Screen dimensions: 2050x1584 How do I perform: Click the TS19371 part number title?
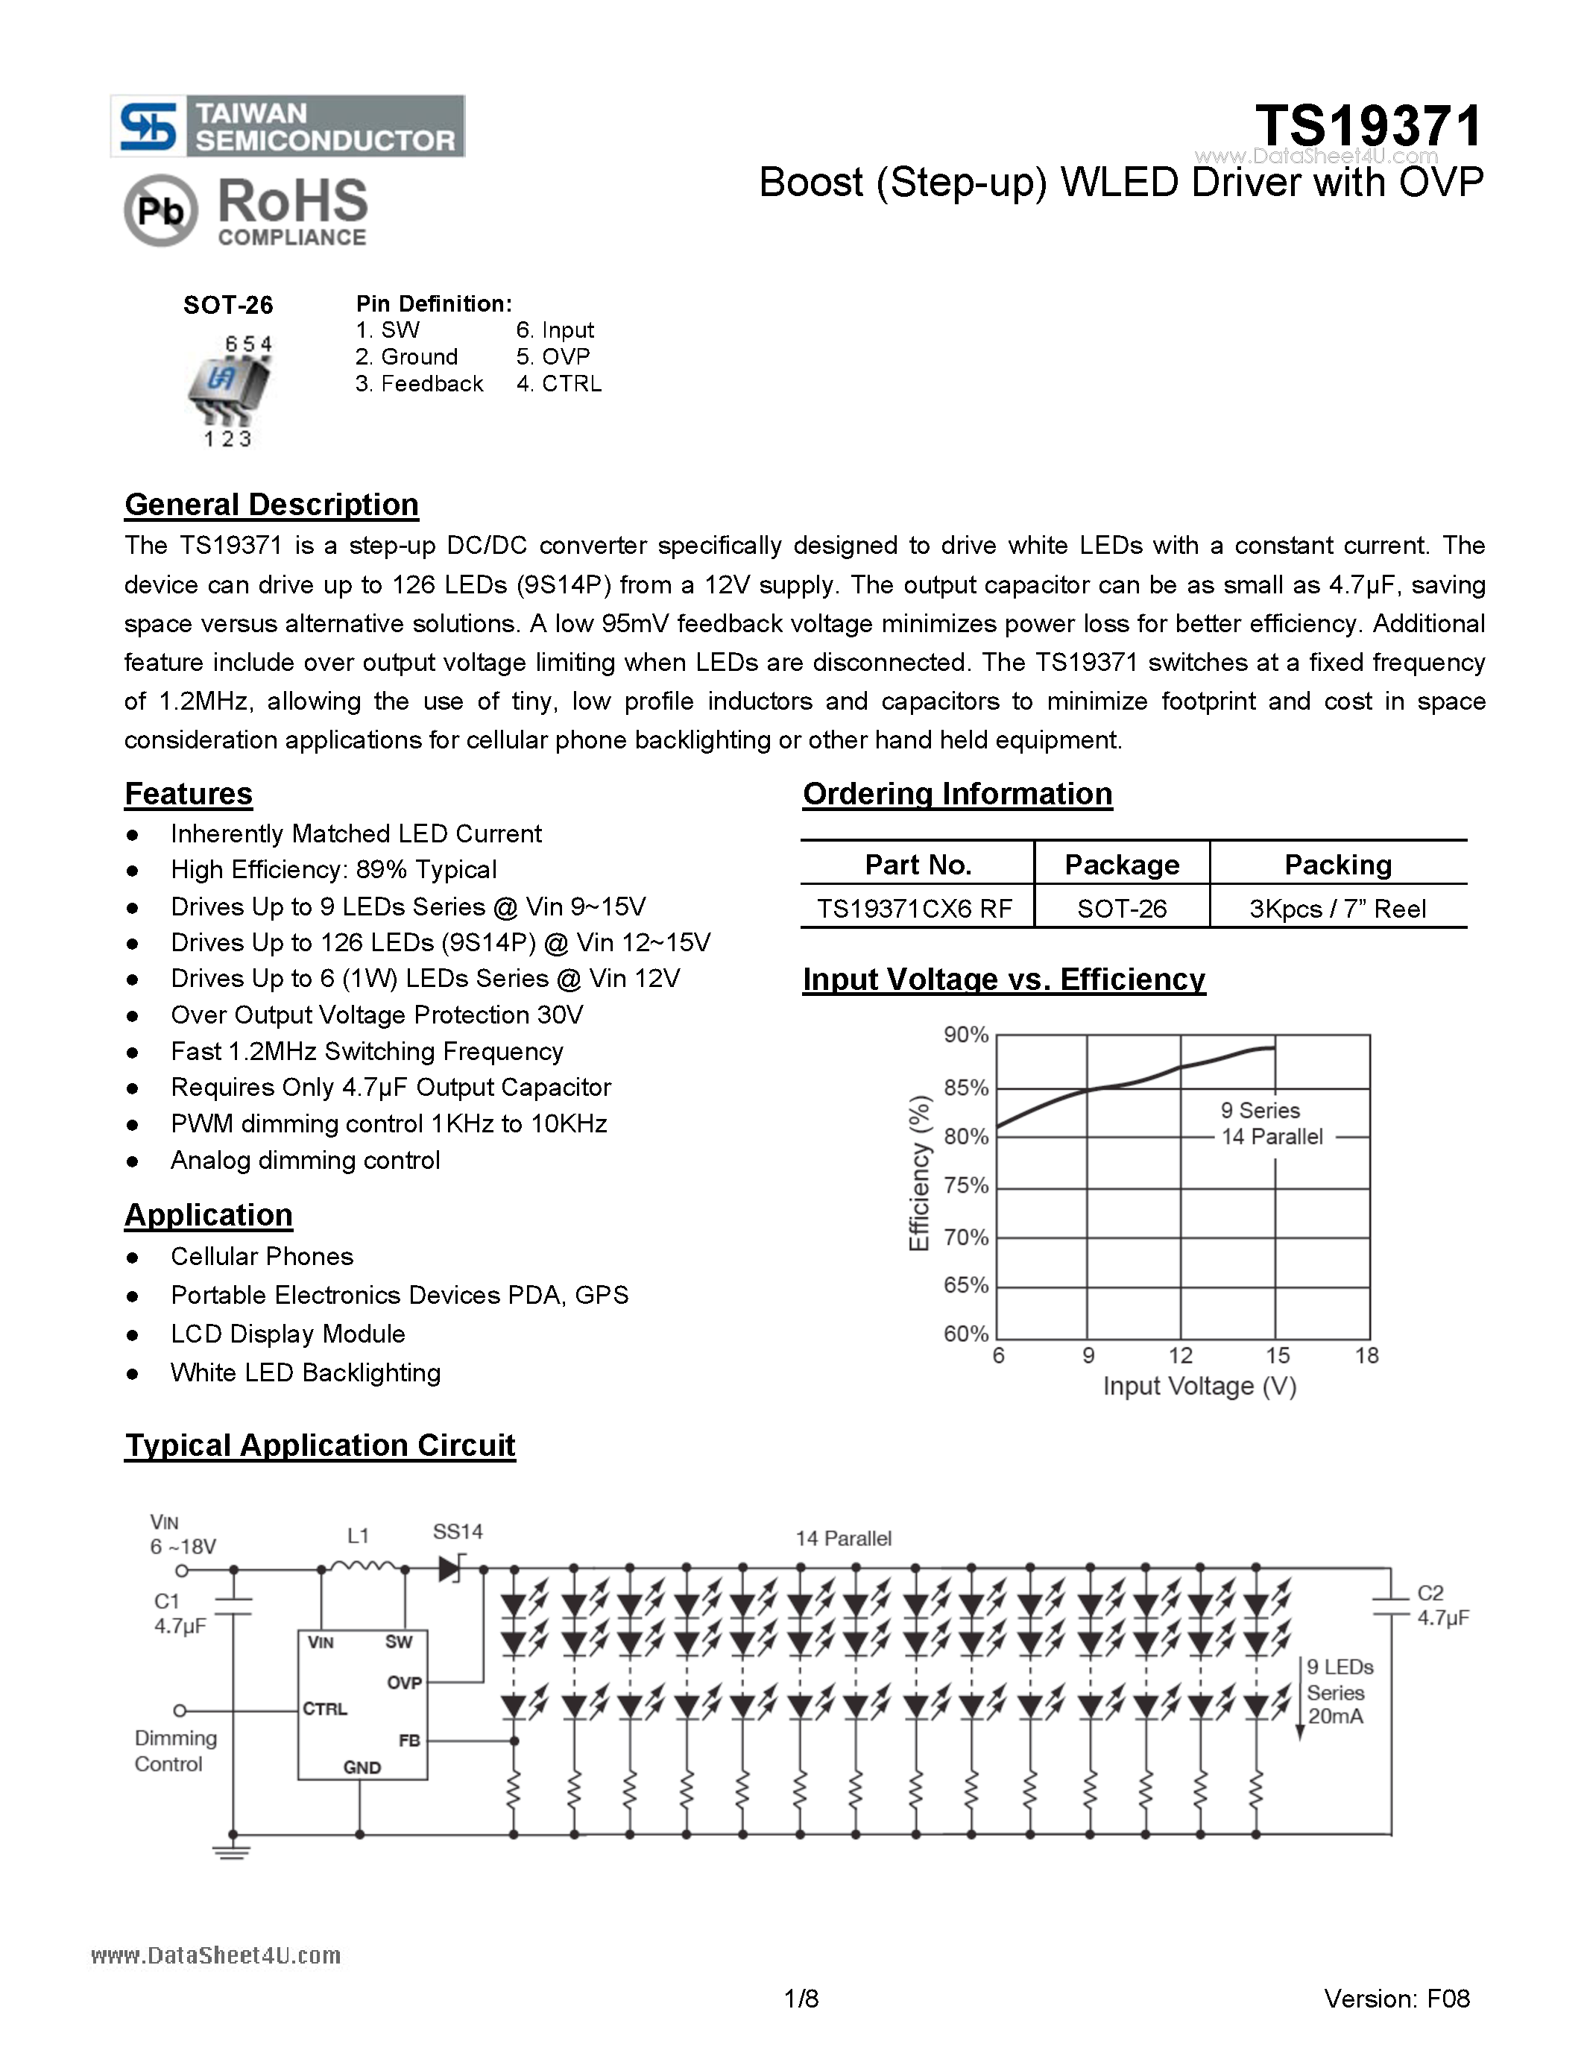(x=1368, y=126)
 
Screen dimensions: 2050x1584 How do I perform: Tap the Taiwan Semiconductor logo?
(x=288, y=126)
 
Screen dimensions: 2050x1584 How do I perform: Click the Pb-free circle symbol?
(x=160, y=211)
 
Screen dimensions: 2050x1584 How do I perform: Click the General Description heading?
(x=271, y=505)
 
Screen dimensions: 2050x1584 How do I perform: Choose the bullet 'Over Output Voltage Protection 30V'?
(x=376, y=1015)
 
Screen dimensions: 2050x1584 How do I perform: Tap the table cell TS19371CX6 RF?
(x=914, y=909)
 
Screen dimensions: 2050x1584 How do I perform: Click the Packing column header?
(x=1337, y=865)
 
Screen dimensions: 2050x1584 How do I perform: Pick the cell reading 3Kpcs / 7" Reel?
(x=1337, y=909)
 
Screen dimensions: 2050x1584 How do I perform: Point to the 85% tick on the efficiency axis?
(x=965, y=1088)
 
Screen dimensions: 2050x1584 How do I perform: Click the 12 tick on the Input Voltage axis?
(x=1179, y=1355)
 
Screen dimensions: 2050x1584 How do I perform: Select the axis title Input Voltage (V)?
(x=1199, y=1387)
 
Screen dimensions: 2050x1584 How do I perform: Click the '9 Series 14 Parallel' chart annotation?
(x=1271, y=1123)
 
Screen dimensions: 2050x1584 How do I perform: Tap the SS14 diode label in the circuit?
(x=457, y=1532)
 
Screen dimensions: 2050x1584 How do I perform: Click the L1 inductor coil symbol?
(x=364, y=1568)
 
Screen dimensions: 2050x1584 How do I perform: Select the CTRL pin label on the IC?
(x=325, y=1709)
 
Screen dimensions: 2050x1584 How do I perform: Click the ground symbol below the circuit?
(x=232, y=1851)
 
